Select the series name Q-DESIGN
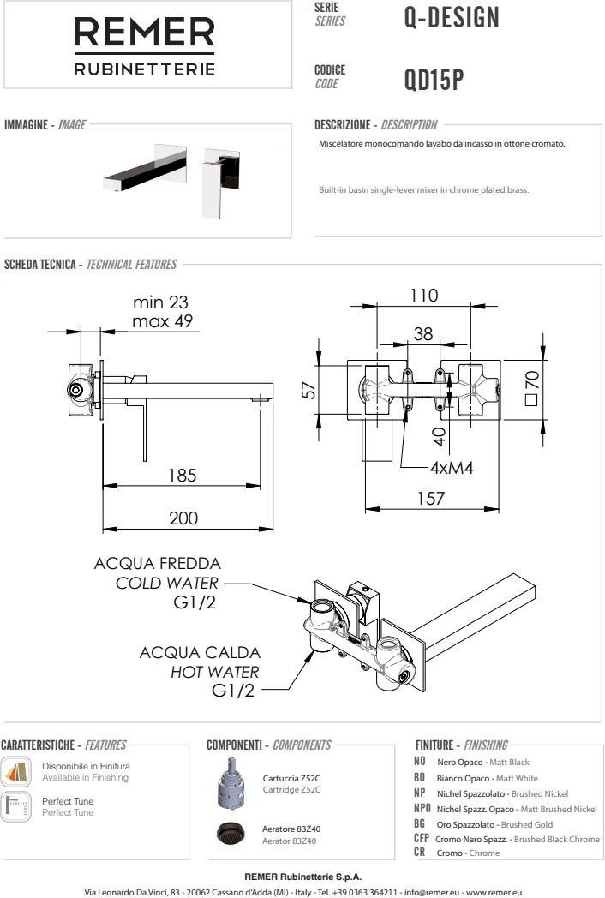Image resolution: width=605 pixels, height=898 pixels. (451, 17)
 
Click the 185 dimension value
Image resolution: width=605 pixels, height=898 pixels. (182, 475)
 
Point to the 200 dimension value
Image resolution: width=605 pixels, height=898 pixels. (182, 518)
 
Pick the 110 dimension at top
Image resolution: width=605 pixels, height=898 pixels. (422, 296)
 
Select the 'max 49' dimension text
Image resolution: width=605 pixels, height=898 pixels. (163, 321)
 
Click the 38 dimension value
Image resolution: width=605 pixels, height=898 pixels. (422, 335)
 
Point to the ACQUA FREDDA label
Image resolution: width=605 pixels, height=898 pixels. (158, 565)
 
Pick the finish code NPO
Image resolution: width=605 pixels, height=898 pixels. (422, 808)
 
